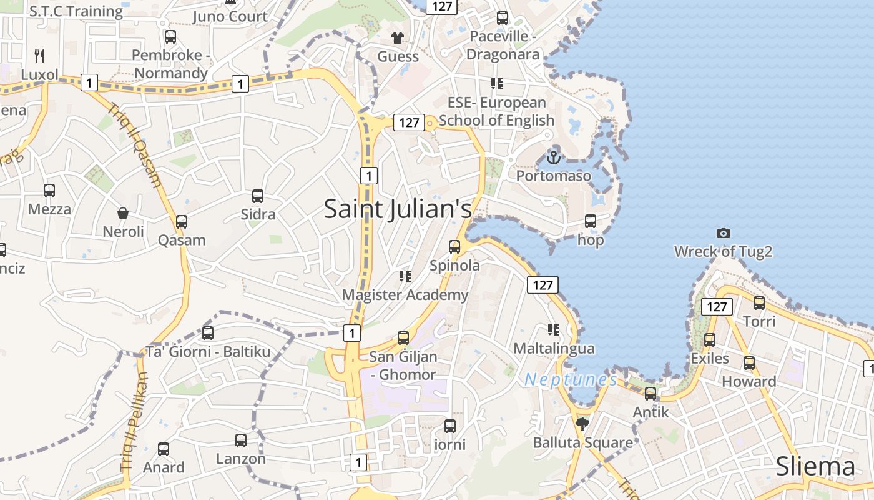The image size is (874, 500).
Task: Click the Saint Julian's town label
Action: point(398,209)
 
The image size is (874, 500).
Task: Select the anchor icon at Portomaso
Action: point(553,157)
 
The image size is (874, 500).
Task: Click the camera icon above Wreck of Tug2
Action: point(723,233)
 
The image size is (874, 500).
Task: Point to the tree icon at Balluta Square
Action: point(582,424)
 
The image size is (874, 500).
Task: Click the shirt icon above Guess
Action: point(398,37)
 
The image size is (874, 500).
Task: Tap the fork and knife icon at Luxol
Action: point(39,56)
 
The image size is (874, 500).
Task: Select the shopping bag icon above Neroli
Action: point(123,214)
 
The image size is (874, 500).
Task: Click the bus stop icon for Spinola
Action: point(454,247)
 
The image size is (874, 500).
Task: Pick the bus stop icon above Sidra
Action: point(258,196)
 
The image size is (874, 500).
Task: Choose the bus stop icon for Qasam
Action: point(182,222)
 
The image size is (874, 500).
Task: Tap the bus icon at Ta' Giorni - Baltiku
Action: point(208,333)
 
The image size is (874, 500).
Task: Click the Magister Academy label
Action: point(405,295)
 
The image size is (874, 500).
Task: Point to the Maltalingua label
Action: point(554,348)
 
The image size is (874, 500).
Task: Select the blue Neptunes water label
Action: point(571,379)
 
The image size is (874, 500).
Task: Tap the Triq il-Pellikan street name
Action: point(133,420)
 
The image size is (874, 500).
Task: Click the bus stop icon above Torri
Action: point(759,303)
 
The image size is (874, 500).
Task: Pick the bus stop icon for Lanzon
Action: point(241,441)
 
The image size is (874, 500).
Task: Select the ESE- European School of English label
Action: point(496,111)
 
